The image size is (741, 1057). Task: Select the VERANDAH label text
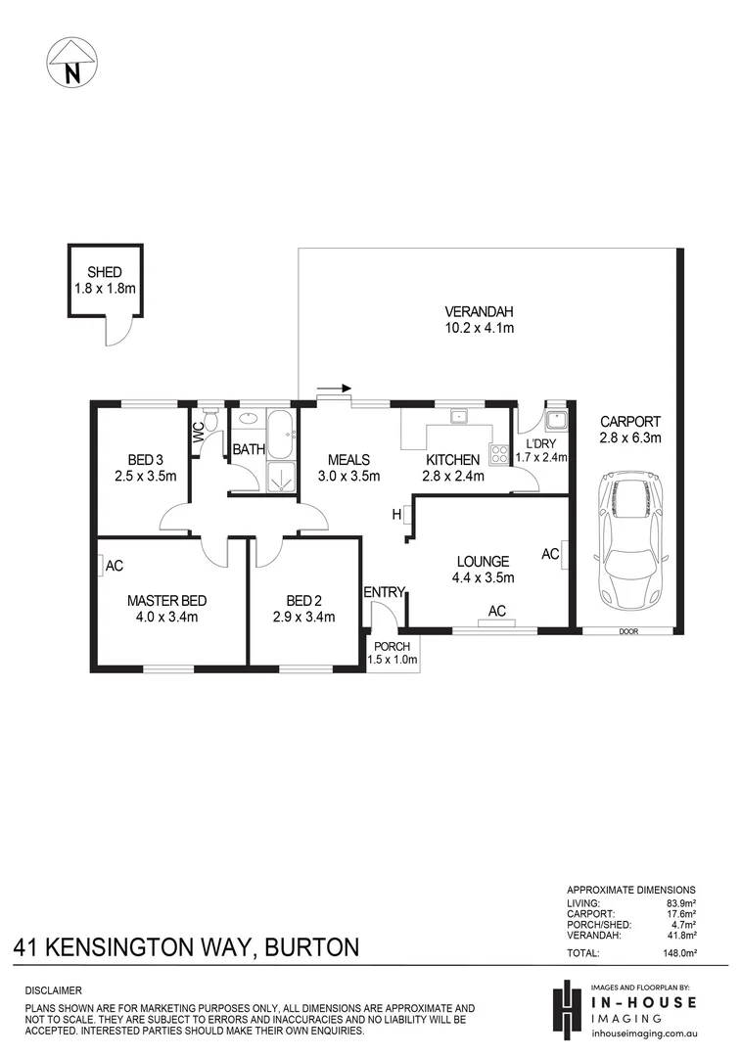pyautogui.click(x=479, y=312)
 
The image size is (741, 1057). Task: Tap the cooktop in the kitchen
pyautogui.click(x=499, y=453)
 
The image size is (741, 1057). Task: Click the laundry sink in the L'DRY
pyautogui.click(x=557, y=422)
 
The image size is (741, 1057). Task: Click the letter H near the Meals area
pyautogui.click(x=397, y=514)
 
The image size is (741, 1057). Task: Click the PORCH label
pyautogui.click(x=391, y=646)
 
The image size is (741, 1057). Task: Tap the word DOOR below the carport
pyautogui.click(x=628, y=631)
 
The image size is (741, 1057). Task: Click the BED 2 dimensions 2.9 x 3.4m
pyautogui.click(x=303, y=617)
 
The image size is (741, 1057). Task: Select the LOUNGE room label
pyautogui.click(x=483, y=562)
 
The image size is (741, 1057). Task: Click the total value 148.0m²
pyautogui.click(x=677, y=952)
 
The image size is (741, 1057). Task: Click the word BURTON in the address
pyautogui.click(x=309, y=947)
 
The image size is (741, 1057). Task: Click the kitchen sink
pyautogui.click(x=456, y=418)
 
